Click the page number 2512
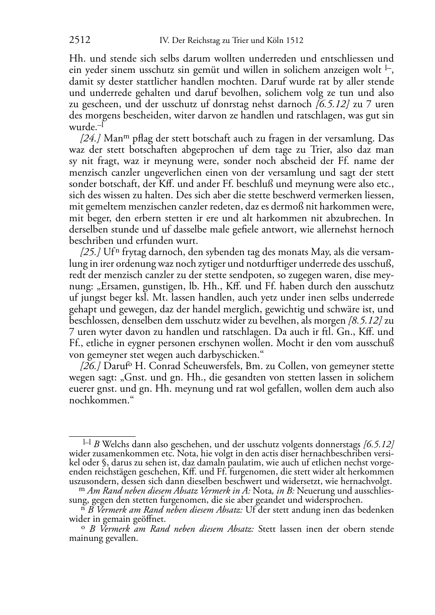[80, 40]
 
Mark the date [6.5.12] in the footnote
[378, 445]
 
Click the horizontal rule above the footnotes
[102, 437]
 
